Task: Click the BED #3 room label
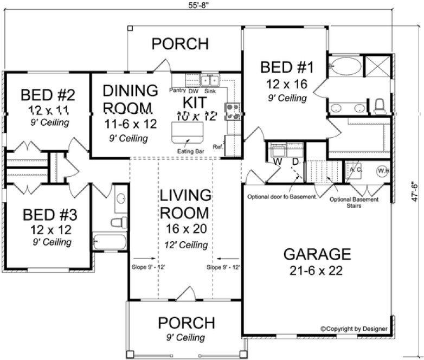(50, 214)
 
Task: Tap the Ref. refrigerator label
(218, 146)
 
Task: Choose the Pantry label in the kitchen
(178, 90)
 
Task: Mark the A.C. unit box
(355, 170)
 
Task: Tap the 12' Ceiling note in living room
(186, 245)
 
